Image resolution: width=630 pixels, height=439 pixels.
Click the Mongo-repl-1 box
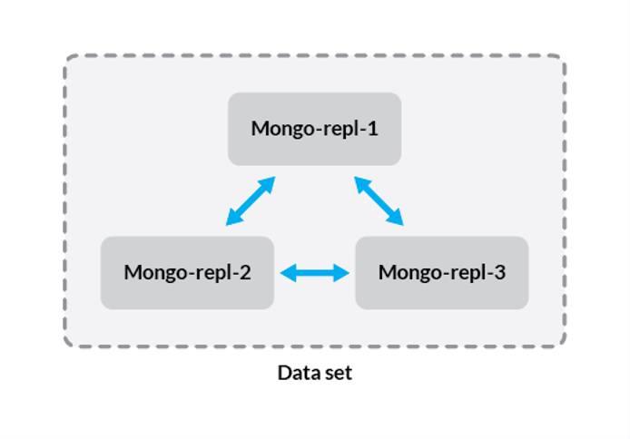coord(314,129)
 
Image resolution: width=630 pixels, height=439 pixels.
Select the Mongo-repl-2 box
coord(187,273)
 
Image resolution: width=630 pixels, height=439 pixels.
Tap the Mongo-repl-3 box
coord(441,273)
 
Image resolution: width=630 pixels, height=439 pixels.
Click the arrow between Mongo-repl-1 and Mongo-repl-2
coord(251,201)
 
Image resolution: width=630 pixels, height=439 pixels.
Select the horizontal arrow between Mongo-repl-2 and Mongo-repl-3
coord(315,272)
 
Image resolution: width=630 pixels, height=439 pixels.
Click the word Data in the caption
coord(296,373)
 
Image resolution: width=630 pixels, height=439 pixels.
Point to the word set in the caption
coord(338,373)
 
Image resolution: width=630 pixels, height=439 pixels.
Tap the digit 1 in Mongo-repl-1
coord(372,128)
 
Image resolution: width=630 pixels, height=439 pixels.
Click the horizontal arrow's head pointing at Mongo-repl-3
coord(342,272)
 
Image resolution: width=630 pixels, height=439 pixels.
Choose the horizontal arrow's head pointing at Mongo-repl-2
coord(288,272)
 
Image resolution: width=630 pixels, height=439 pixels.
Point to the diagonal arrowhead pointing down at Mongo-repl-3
coord(396,219)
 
